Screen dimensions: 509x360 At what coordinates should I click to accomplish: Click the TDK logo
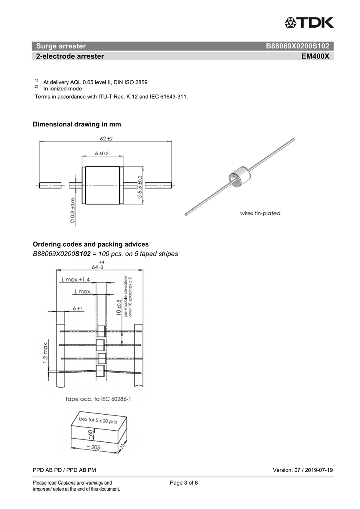click(309, 22)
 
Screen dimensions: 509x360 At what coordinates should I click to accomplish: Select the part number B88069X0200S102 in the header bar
click(297, 46)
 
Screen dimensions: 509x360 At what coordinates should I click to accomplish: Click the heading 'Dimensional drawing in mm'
click(77, 124)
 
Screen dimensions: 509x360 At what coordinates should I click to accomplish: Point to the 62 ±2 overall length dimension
click(106, 138)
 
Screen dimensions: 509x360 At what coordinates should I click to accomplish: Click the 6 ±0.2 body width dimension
click(102, 154)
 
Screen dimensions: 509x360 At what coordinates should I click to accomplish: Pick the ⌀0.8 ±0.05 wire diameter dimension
click(72, 210)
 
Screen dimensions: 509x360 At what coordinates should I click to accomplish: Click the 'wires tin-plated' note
click(260, 213)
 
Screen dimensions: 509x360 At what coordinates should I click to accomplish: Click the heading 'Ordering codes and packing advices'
click(90, 244)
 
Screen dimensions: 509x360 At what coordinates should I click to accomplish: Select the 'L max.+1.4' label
click(76, 279)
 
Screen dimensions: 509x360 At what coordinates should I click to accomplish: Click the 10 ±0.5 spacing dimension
click(119, 307)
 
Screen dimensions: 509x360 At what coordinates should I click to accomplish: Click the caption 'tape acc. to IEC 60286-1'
click(98, 399)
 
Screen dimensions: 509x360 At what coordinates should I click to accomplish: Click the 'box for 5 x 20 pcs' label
click(98, 421)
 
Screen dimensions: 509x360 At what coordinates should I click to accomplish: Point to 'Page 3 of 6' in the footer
click(184, 483)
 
